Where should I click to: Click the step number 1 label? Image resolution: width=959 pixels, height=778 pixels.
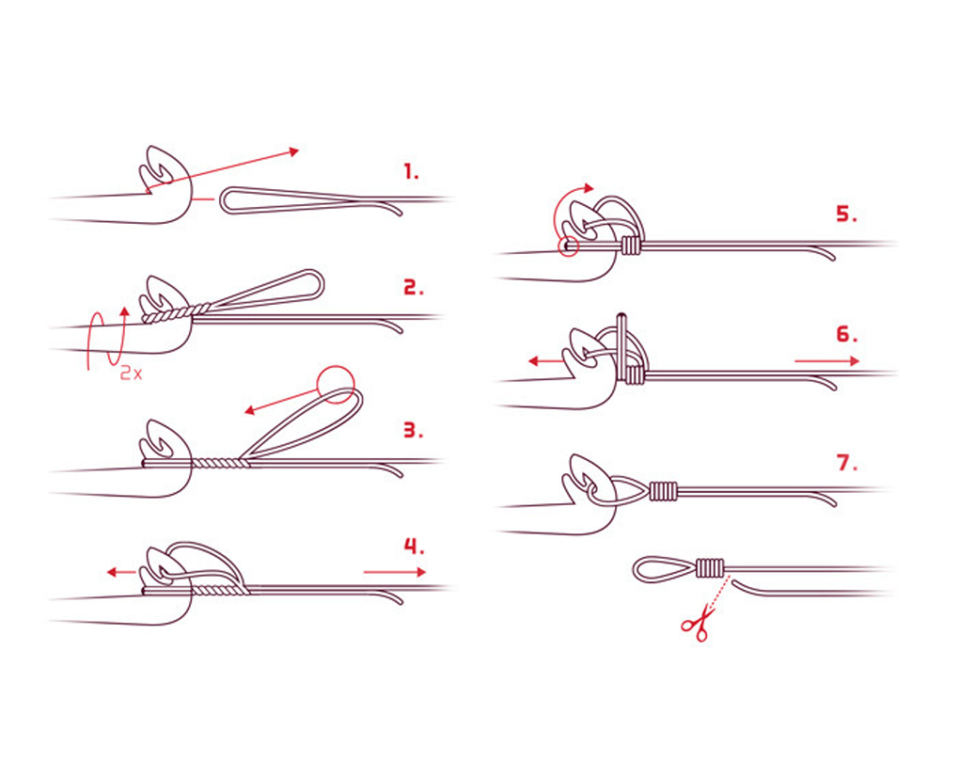point(412,171)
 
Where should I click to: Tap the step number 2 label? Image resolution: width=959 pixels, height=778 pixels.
point(414,288)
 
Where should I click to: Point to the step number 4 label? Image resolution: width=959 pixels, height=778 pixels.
point(415,546)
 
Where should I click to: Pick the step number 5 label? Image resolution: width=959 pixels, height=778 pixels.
point(846,214)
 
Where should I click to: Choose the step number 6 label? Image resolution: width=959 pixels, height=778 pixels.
point(847,335)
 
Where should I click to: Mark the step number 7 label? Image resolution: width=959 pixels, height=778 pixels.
point(847,463)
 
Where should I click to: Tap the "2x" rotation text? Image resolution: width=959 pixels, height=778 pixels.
point(131,373)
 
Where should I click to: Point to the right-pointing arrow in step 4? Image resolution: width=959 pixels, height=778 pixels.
point(395,572)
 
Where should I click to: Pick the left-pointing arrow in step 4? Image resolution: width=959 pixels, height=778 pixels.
point(121,572)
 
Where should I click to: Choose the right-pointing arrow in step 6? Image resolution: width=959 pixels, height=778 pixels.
point(827,361)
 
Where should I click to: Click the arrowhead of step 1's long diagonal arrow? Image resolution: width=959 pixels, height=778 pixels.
point(293,151)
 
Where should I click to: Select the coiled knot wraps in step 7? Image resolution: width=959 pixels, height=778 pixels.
point(664,491)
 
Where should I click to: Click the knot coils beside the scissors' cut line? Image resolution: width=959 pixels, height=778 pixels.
point(710,568)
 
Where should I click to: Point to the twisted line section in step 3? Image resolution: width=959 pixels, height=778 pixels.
point(221,463)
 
